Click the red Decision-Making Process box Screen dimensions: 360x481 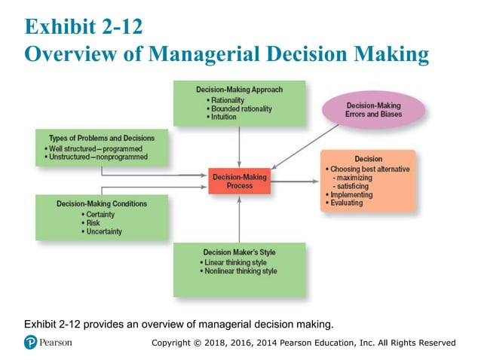coord(238,181)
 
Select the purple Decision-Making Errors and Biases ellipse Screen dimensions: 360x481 coord(373,109)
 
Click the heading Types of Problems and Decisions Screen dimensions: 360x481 coord(102,139)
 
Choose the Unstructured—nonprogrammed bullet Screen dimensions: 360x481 coord(98,157)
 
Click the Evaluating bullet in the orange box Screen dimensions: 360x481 coord(346,203)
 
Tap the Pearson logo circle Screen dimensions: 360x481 coord(31,343)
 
